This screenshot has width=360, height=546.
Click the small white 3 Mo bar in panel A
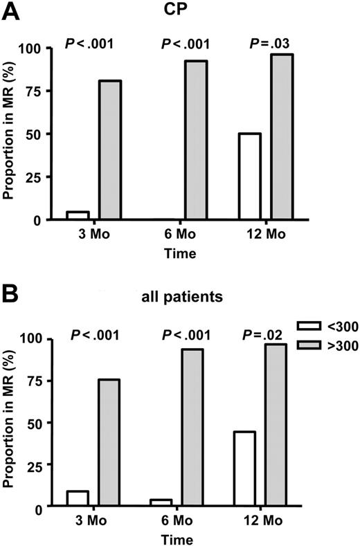click(78, 215)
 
